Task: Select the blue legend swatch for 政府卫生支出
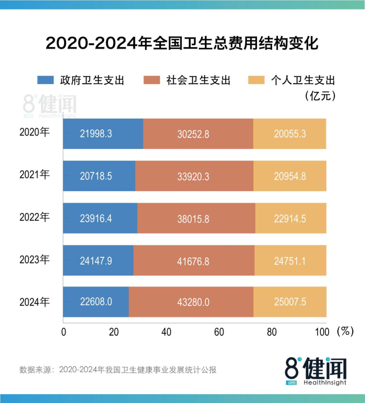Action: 45,80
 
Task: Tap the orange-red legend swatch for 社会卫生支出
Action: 151,80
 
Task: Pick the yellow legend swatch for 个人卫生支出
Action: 256,80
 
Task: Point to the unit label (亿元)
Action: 320,96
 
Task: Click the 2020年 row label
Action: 34,132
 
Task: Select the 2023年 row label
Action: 34,260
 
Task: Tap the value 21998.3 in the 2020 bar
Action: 96,134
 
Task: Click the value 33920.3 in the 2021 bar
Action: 193,176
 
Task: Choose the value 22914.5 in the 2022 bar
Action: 290,219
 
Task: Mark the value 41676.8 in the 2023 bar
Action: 193,261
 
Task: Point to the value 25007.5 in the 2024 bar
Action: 290,302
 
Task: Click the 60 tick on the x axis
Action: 219,332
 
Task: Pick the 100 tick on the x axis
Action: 322,332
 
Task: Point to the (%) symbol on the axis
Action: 345,331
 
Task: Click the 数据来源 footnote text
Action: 118,370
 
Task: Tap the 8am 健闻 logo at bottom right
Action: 316,371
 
